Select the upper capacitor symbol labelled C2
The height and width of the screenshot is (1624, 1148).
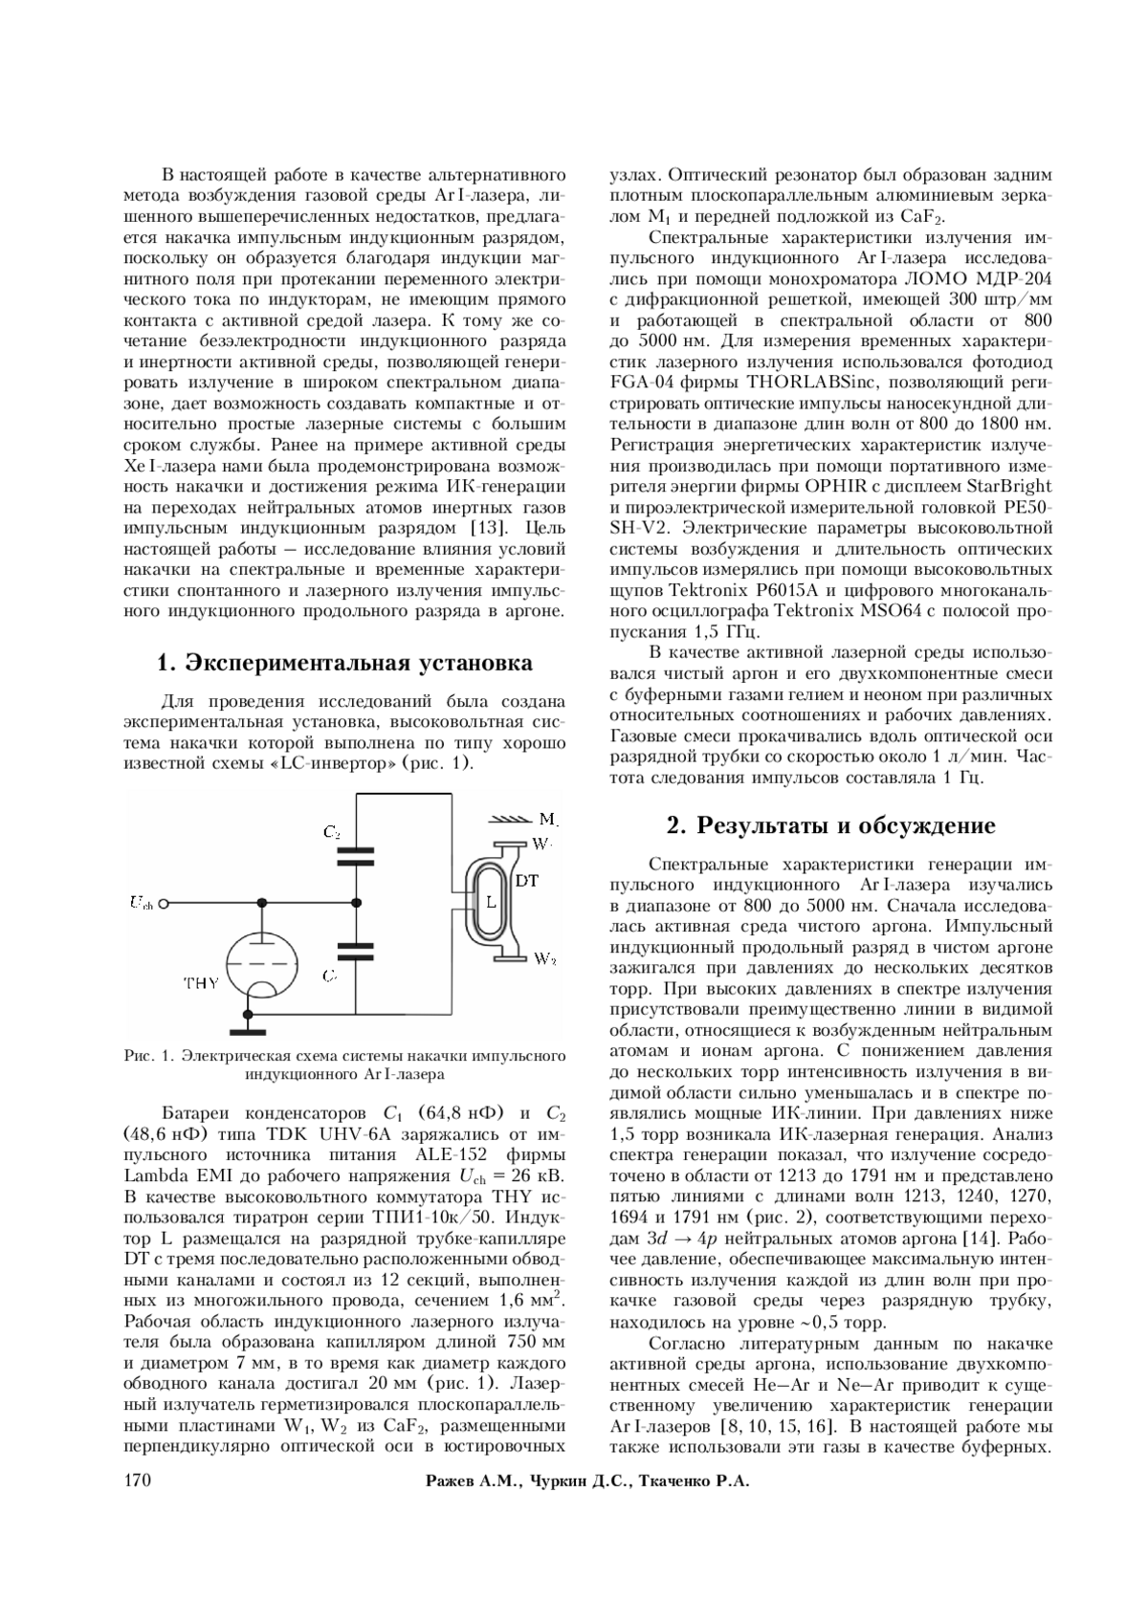click(356, 856)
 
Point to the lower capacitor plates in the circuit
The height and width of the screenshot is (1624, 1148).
click(356, 949)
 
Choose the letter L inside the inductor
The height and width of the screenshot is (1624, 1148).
click(490, 902)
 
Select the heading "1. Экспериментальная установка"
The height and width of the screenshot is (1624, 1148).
click(344, 663)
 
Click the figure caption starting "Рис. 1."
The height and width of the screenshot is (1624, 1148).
click(344, 1064)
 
